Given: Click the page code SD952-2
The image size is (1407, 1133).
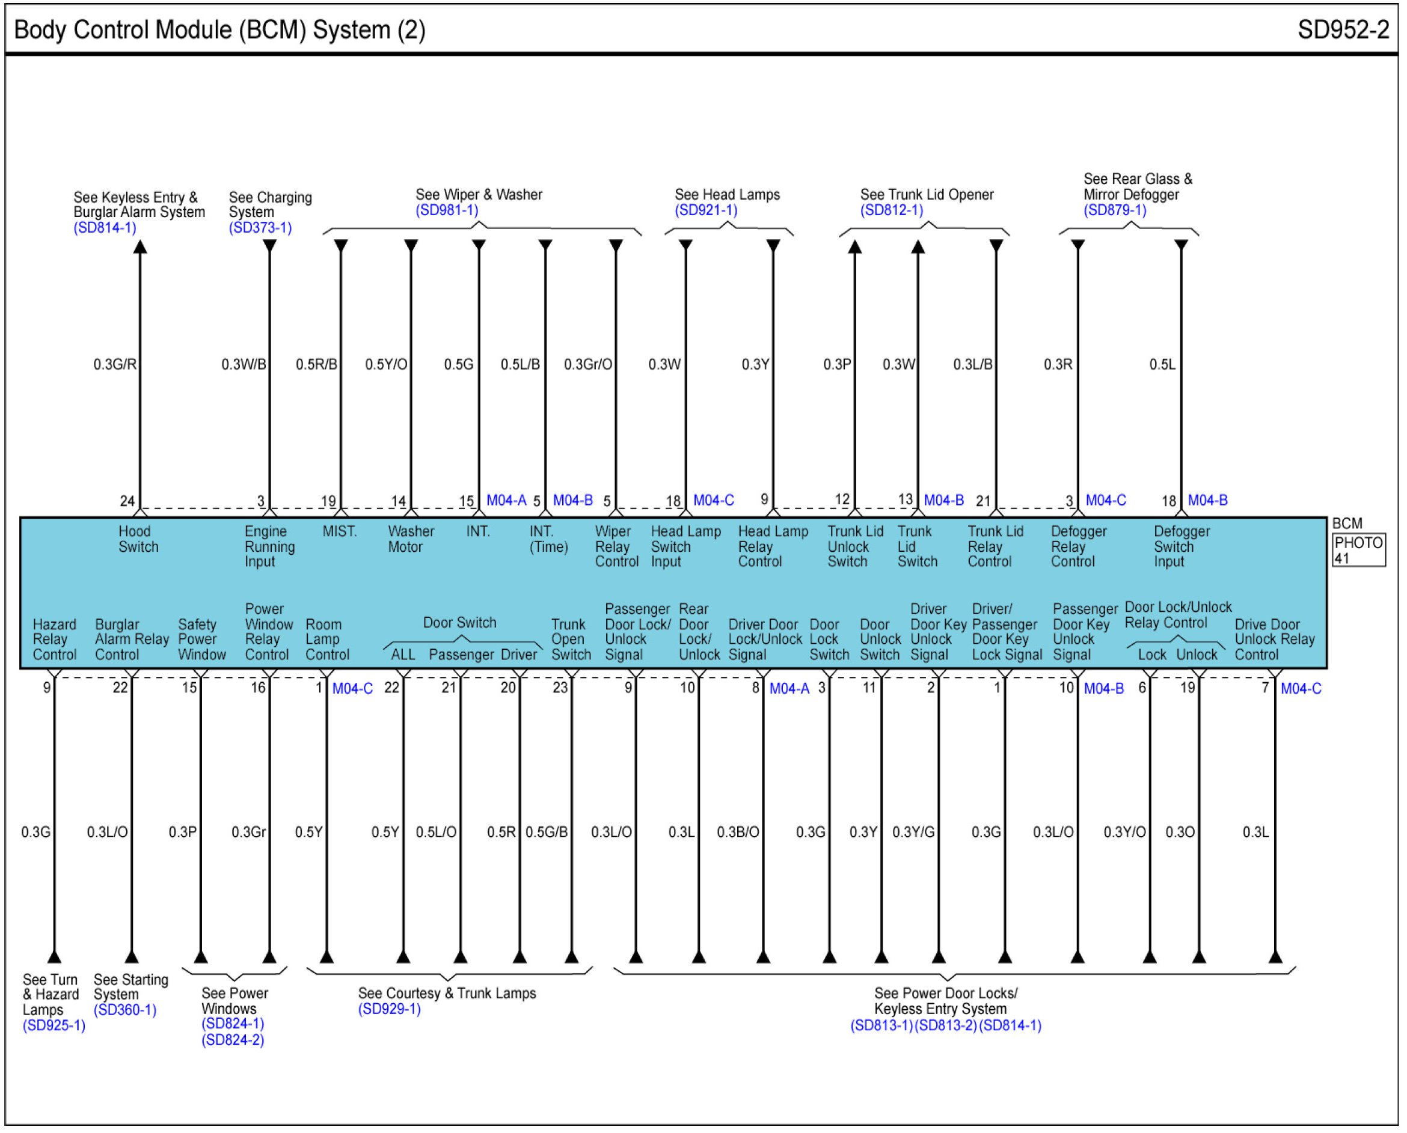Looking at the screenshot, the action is pos(1343,30).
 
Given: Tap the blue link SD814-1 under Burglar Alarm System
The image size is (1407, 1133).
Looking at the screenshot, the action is pos(105,228).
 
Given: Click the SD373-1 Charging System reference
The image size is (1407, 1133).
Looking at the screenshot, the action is pos(260,228).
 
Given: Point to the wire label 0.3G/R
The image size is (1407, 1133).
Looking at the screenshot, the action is pos(115,364).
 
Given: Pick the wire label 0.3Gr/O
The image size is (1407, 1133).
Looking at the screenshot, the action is pos(587,364).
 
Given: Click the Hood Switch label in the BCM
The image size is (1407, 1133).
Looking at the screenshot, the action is pos(138,539).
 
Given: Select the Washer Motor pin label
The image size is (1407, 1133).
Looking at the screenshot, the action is pos(410,539).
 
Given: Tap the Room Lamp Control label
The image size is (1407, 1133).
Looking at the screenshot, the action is pos(327,640).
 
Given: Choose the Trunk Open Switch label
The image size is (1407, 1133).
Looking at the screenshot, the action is pos(571,640).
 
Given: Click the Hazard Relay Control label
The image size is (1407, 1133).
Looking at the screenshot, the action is pos(54,640).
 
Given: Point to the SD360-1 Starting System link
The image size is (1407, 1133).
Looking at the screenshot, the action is pos(124,1010).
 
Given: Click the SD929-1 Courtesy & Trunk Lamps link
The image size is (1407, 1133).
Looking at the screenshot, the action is pos(389,1009).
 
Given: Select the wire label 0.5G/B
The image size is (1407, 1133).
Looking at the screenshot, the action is pos(547,832).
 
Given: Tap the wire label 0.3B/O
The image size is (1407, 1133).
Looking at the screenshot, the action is pos(738,832).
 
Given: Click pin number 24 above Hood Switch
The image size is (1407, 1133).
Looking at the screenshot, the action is pos(127,501).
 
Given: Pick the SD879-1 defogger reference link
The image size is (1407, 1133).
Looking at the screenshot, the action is pos(1115,210).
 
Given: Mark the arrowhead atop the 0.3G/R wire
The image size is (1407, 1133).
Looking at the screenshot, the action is pos(139,246).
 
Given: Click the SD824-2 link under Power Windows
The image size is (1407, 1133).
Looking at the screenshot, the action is pos(233,1040).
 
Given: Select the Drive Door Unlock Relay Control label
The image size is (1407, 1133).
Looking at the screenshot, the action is pos(1274,640).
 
